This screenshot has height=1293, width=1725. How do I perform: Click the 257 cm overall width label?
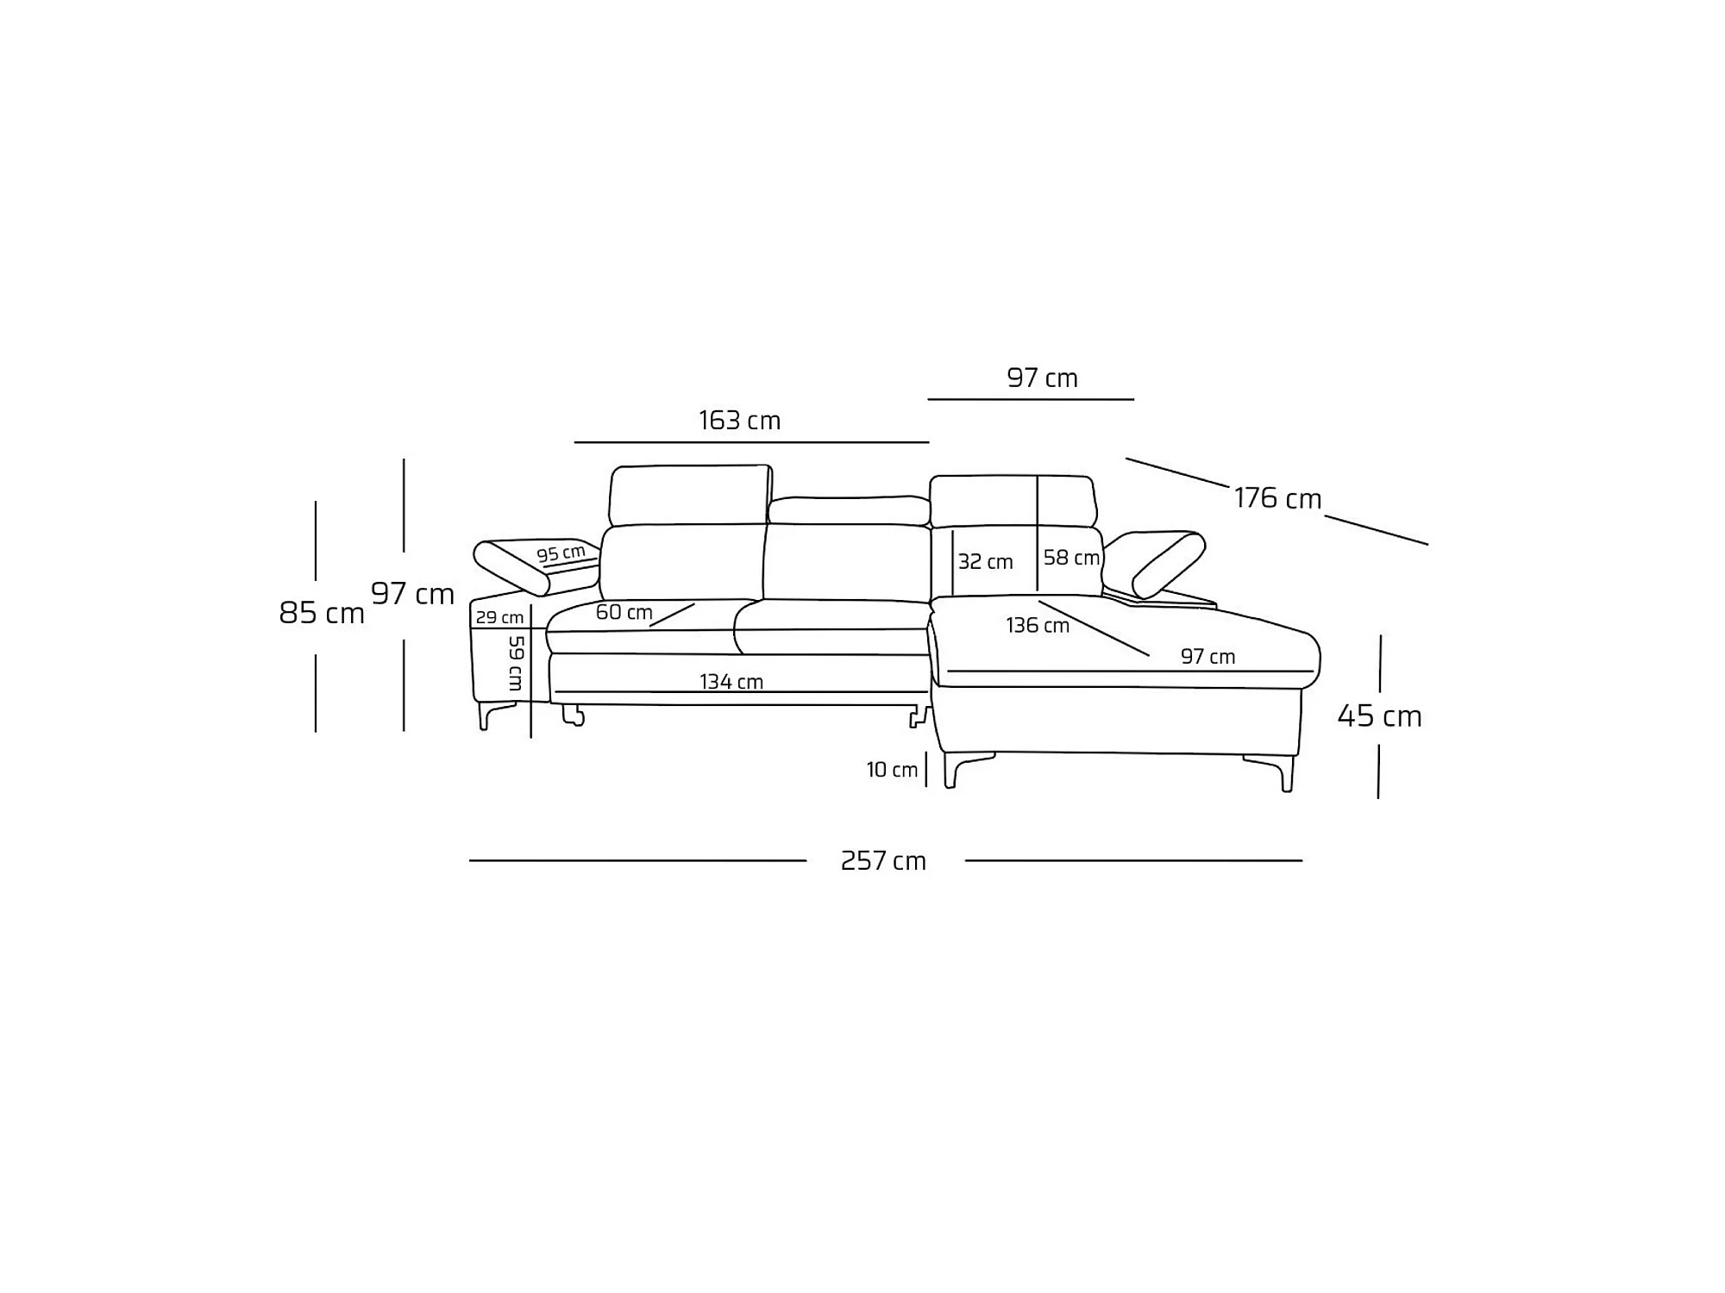coord(883,861)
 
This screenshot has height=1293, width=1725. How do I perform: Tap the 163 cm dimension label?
coord(739,421)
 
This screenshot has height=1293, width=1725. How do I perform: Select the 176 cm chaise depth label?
coord(1277,498)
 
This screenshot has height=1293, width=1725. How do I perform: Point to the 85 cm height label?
coord(322,613)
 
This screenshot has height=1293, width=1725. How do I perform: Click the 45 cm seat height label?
coord(1379,715)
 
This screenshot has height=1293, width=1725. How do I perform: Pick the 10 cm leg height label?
coord(892,770)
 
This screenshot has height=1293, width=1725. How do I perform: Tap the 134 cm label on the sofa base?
coord(731,682)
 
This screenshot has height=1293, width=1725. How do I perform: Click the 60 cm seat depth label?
coord(624,612)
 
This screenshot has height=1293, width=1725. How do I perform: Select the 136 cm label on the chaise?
coord(1038,625)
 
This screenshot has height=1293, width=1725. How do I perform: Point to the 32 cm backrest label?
coord(985,562)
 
